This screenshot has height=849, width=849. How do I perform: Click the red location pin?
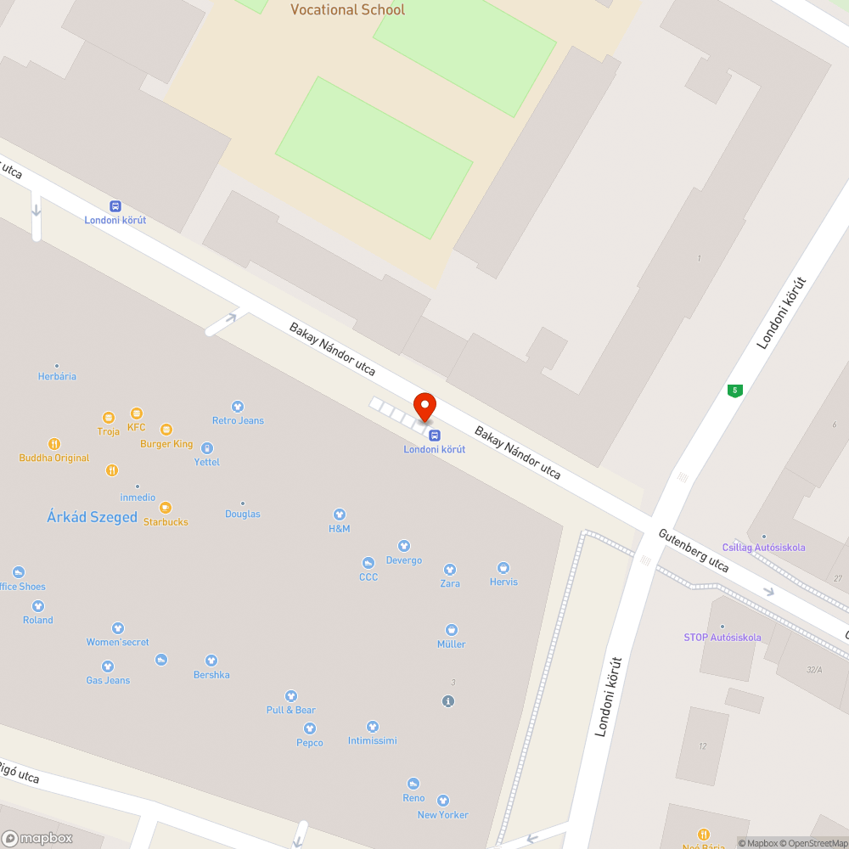click(x=424, y=406)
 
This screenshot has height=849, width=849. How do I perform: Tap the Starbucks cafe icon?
click(x=166, y=507)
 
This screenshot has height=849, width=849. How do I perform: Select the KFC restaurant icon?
click(x=137, y=413)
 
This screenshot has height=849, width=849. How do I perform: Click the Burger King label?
click(x=166, y=444)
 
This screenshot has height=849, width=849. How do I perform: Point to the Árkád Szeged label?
click(x=92, y=517)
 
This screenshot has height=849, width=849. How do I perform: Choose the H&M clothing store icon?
click(x=340, y=514)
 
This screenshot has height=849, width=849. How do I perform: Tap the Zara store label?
click(x=450, y=583)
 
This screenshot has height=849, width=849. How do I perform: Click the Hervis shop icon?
click(x=503, y=567)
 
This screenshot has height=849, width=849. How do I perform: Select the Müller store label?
click(x=452, y=644)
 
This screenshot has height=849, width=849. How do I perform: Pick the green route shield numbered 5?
click(x=734, y=391)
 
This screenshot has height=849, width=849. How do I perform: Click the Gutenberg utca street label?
click(x=694, y=551)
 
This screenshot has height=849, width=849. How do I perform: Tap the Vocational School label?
click(x=347, y=10)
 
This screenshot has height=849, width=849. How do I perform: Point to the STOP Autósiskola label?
click(x=722, y=638)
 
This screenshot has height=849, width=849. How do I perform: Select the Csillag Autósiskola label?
click(x=763, y=548)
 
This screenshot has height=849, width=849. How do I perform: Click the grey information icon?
click(x=449, y=701)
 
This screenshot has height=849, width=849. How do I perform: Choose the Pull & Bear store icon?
click(x=291, y=696)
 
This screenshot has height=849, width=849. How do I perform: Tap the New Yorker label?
click(x=442, y=815)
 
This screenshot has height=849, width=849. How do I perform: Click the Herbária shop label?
click(x=57, y=376)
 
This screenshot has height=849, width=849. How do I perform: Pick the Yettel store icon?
click(x=206, y=447)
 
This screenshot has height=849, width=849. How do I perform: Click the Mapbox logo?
click(x=37, y=839)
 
